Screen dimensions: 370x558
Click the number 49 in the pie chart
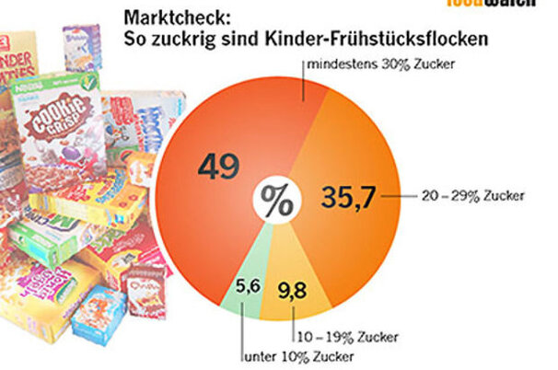tap(218, 167)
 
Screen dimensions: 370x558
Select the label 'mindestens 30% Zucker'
tap(382, 64)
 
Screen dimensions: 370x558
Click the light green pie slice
tap(241, 276)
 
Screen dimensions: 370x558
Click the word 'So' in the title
tap(134, 39)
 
